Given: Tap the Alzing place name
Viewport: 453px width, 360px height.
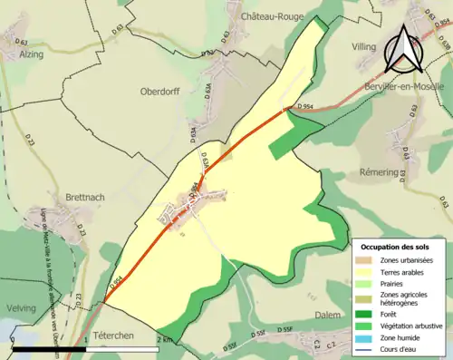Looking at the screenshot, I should point(31,54).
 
